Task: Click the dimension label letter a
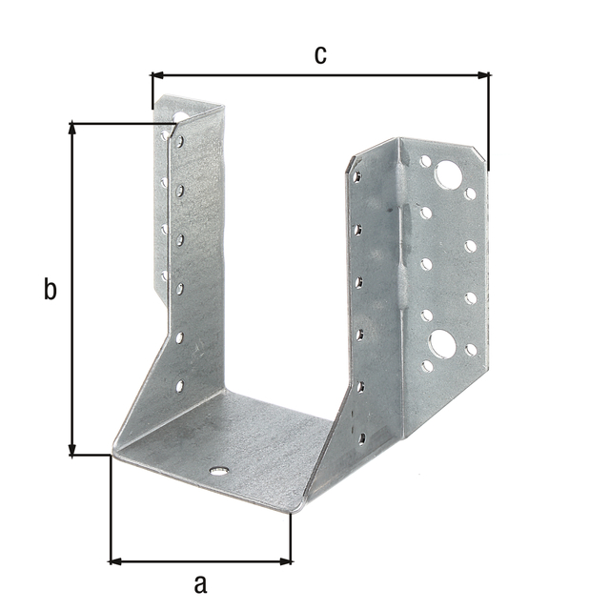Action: coord(200,584)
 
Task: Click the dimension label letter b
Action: coord(50,289)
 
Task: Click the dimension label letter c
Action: coord(320,55)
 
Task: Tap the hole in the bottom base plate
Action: coord(218,472)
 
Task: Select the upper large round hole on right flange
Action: coord(448,174)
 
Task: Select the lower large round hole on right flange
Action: coord(442,342)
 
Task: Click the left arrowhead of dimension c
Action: coord(156,75)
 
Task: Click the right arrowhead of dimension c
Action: coord(483,75)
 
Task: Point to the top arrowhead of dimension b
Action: coord(72,129)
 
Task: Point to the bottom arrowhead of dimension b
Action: coord(72,449)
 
